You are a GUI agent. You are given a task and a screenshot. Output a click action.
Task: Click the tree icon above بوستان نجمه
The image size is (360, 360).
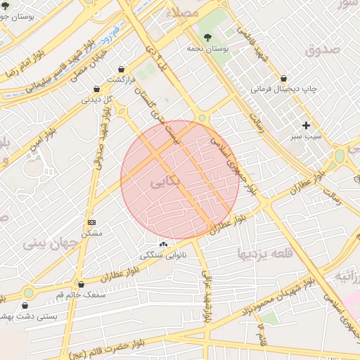pos(207,37)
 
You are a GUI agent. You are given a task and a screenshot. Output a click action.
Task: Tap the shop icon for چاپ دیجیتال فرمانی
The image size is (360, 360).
pos(283,79)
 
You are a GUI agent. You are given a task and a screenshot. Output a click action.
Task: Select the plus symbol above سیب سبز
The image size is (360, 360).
pos(306,124)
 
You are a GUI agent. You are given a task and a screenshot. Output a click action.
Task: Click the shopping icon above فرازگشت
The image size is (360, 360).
pos(124,69)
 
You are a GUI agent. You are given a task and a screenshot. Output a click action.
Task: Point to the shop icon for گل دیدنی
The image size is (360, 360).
pos(108,89)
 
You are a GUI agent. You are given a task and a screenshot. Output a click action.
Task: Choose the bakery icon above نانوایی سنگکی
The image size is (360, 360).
pos(164,244)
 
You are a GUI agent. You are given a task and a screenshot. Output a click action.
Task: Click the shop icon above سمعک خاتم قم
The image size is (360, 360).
pos(81,284)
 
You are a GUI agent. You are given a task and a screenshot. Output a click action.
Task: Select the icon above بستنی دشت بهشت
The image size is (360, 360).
pos(26,306)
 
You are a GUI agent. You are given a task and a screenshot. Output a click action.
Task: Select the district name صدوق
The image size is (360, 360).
pos(323,49)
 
